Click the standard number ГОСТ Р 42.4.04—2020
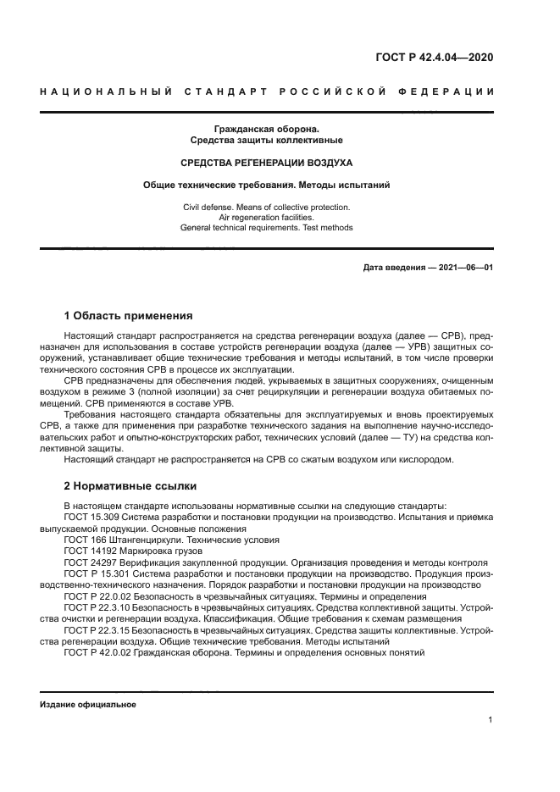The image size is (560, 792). [435, 58]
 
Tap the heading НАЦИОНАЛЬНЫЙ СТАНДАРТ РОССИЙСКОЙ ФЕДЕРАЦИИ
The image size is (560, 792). [267, 91]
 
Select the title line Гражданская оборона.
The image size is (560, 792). [267, 128]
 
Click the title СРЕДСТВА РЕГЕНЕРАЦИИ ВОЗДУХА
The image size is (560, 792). [267, 162]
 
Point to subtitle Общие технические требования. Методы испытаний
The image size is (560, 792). [267, 184]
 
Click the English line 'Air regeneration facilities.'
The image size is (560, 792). [267, 217]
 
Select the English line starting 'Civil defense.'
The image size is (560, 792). [267, 207]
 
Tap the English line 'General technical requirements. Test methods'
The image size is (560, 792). [267, 227]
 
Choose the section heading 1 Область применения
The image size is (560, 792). [129, 316]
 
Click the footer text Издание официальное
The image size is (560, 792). [87, 705]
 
